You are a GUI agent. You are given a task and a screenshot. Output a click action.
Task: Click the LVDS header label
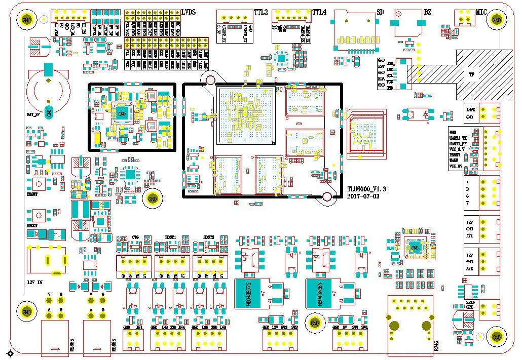coord(189,11)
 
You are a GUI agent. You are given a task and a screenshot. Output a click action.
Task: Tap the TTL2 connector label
coord(260,12)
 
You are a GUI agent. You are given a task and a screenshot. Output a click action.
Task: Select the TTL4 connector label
coord(319,12)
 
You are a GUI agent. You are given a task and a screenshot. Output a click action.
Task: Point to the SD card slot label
coord(380,12)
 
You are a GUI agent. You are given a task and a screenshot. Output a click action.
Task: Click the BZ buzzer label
coord(428,12)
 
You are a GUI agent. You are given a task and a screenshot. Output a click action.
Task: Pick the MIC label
coord(482,12)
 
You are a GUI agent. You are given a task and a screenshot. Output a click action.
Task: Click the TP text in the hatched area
coord(471,74)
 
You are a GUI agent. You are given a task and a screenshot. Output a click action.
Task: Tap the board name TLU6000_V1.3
coord(366,189)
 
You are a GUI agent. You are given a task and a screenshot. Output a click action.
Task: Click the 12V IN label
coord(35,282)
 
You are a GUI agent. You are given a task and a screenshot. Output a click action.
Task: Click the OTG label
coord(135,237)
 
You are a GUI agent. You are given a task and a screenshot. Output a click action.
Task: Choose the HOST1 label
coord(170,237)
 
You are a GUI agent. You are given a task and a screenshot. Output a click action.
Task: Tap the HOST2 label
coord(209,237)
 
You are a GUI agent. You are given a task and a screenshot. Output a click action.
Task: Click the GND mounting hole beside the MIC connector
coord(497,19)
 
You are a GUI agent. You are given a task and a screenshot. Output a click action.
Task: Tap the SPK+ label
coord(470,303)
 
